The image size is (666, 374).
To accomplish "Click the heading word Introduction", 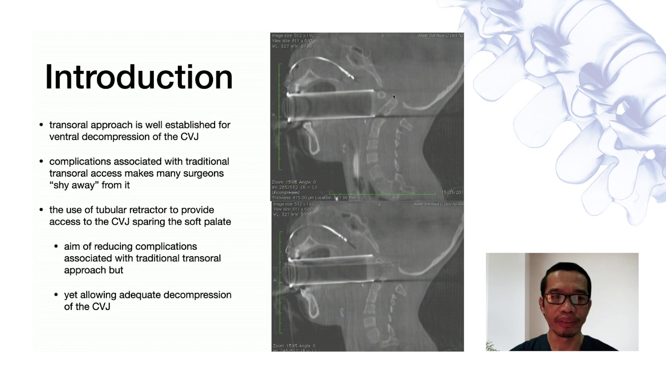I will (139, 77).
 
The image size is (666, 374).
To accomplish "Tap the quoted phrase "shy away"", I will (74, 185).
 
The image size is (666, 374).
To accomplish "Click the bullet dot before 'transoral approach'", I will (42, 125).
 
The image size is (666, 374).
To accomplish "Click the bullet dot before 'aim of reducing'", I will (56, 247).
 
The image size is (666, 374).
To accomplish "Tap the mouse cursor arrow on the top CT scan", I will (394, 97).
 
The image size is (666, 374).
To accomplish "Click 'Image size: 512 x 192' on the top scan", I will (293, 36).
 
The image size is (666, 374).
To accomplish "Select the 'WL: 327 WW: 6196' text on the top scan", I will (292, 46).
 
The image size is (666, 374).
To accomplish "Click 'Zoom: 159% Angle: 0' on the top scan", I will (294, 182).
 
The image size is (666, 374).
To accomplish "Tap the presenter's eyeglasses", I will (566, 299).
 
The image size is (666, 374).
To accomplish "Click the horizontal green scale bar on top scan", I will (382, 193).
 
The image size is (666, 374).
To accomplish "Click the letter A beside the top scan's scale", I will (274, 115).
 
